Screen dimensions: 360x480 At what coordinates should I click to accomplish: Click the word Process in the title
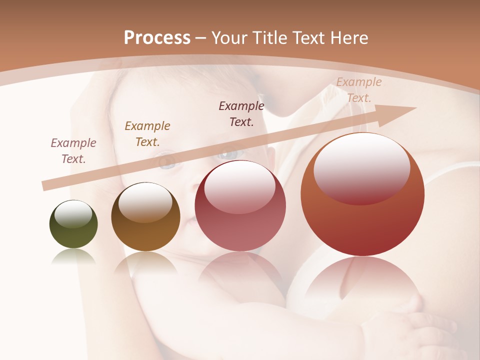point(157,38)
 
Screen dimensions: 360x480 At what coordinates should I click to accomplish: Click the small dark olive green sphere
point(73,224)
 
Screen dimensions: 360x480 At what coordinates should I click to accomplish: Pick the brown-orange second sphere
point(145,217)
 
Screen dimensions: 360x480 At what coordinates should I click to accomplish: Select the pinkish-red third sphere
point(240,206)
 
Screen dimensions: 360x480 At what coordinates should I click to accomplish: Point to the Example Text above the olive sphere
point(73,151)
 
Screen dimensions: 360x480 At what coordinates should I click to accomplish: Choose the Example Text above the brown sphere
point(147,134)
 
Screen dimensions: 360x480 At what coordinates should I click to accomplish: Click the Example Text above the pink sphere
point(241,114)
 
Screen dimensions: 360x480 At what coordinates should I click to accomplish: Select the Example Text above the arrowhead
point(359,90)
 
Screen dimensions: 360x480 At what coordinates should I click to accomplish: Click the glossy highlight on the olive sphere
point(73,213)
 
